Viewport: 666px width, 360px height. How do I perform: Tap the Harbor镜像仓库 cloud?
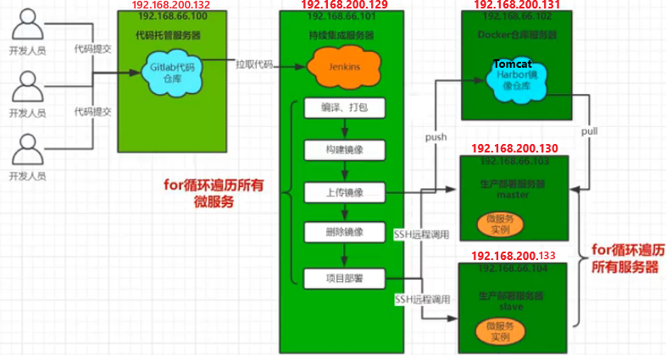tap(513, 78)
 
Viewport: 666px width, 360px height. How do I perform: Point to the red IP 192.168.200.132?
tap(171, 5)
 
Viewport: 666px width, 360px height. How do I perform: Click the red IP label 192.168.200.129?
tap(345, 5)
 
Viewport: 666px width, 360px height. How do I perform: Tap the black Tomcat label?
tap(513, 64)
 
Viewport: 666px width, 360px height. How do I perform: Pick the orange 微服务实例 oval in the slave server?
tap(500, 330)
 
